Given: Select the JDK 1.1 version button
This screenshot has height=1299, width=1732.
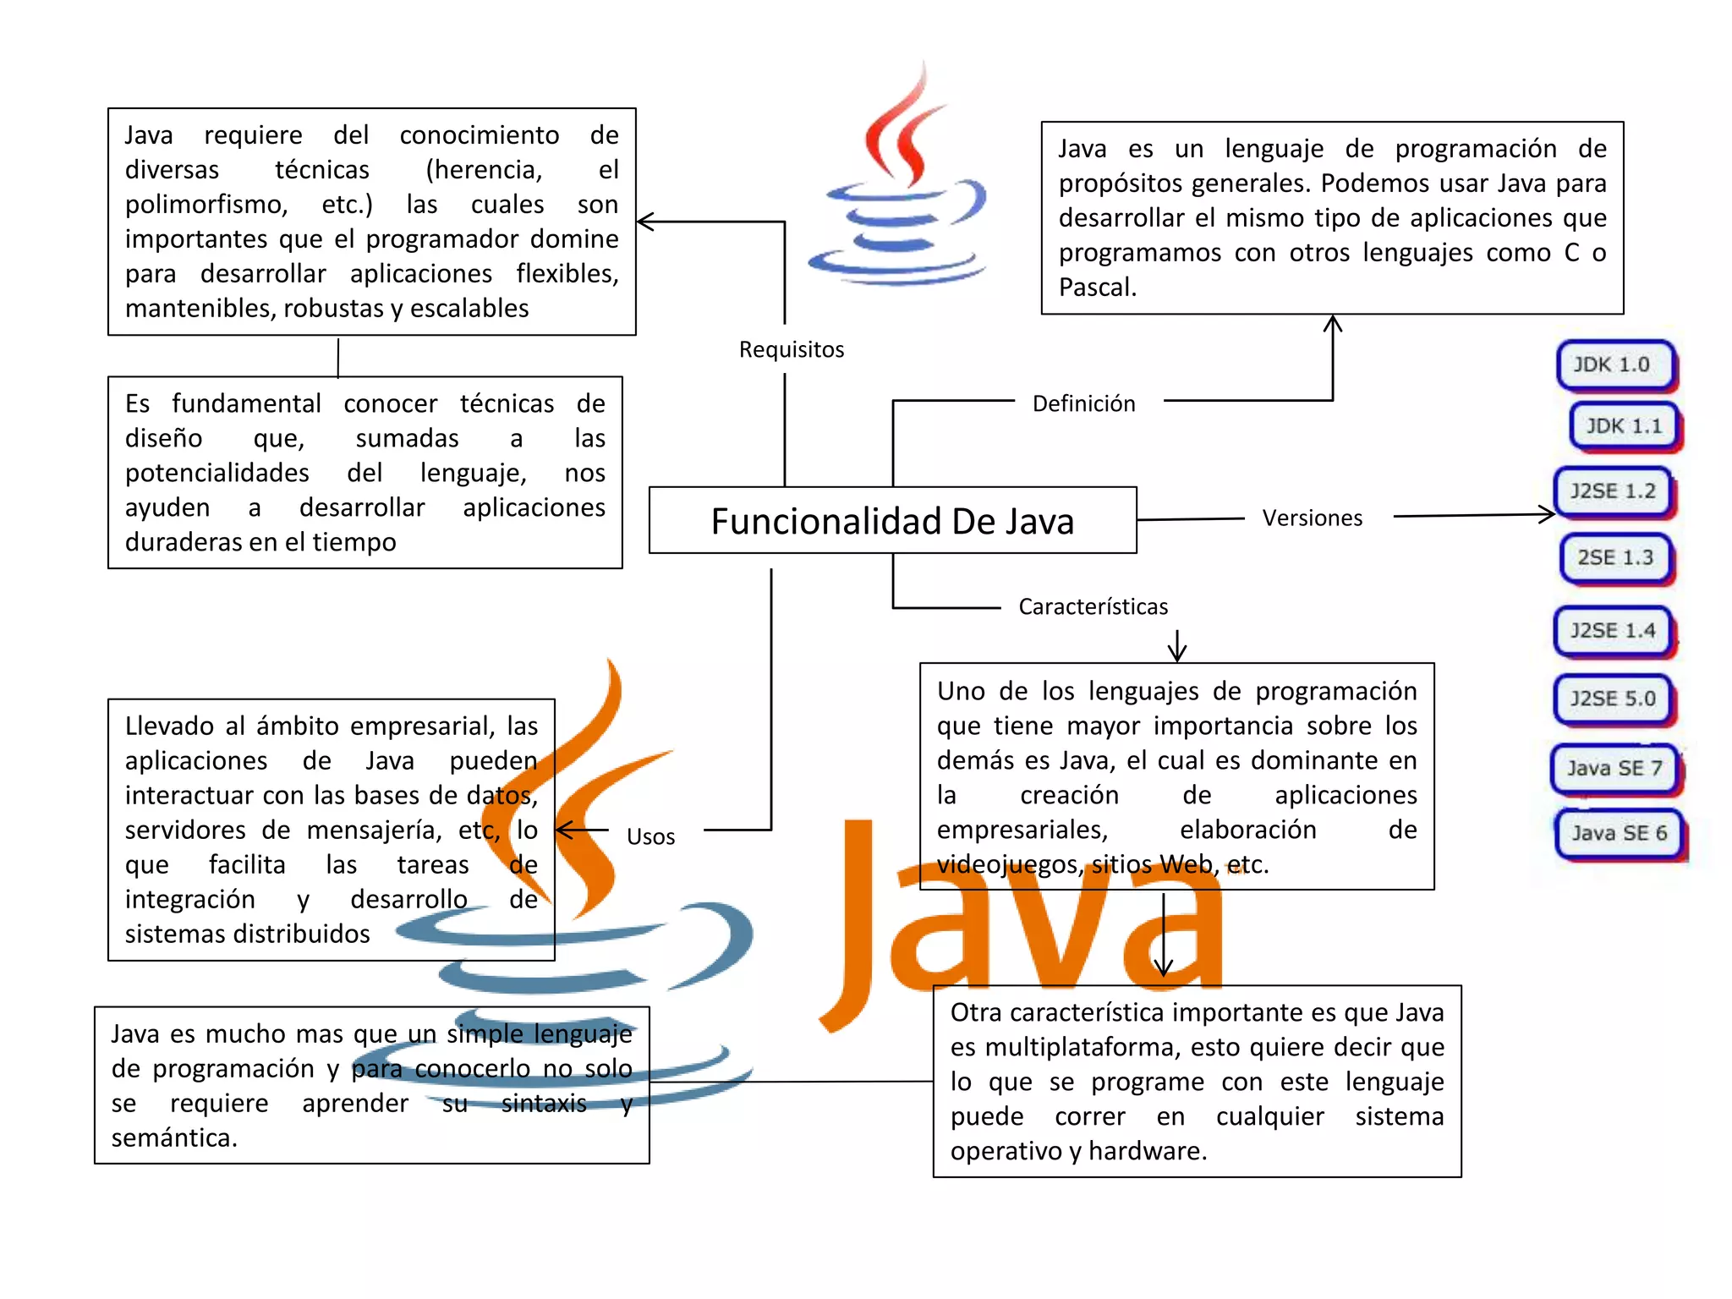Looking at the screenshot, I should click(x=1625, y=426).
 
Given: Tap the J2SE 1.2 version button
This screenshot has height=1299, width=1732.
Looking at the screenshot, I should click(x=1613, y=491).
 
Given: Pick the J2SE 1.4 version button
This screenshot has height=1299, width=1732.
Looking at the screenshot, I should click(x=1613, y=631).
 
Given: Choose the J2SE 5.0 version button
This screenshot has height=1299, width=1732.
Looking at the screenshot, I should click(x=1613, y=699).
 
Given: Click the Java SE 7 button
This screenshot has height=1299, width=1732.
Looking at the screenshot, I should click(x=1614, y=769).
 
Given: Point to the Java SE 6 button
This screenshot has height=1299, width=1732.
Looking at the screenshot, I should click(x=1619, y=834).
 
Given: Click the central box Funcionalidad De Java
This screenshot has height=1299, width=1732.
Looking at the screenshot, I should click(x=892, y=521).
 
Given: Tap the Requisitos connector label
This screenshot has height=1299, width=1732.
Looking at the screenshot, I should click(x=792, y=350).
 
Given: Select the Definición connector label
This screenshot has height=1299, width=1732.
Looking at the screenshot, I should click(x=1083, y=404).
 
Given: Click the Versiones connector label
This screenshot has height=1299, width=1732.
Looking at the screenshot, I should click(x=1313, y=518).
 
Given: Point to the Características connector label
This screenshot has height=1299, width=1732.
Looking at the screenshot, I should click(x=1093, y=607).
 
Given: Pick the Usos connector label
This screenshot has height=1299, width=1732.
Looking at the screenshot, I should click(x=650, y=837).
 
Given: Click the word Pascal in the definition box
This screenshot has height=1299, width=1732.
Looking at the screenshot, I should click(x=1096, y=288).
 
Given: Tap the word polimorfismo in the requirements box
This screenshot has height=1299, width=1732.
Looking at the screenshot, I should click(x=206, y=206).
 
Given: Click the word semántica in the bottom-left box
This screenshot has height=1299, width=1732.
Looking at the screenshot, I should click(x=173, y=1138).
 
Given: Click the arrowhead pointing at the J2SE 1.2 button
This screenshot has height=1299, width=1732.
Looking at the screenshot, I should click(x=1548, y=514).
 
